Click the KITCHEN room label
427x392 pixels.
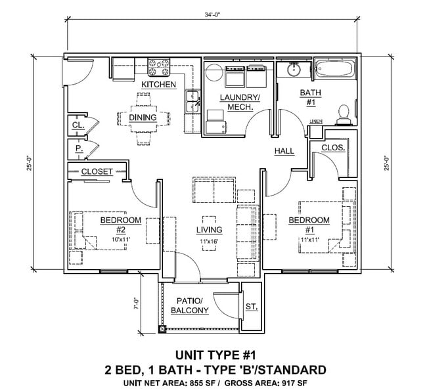pyautogui.click(x=158, y=85)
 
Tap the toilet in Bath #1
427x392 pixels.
pyautogui.click(x=342, y=114)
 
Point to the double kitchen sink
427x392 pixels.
pyautogui.click(x=192, y=100)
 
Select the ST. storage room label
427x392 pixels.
pyautogui.click(x=251, y=307)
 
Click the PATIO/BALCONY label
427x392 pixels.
pyautogui.click(x=189, y=306)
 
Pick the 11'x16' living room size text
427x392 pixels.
pyautogui.click(x=208, y=242)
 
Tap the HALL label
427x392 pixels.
pyautogui.click(x=284, y=151)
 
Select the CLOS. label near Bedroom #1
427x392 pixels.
pyautogui.click(x=333, y=148)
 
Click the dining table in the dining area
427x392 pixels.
pyautogui.click(x=143, y=118)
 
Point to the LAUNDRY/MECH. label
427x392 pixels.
pyautogui.click(x=240, y=102)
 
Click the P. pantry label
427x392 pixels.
pyautogui.click(x=78, y=148)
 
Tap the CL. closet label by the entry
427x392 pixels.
pyautogui.click(x=78, y=124)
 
